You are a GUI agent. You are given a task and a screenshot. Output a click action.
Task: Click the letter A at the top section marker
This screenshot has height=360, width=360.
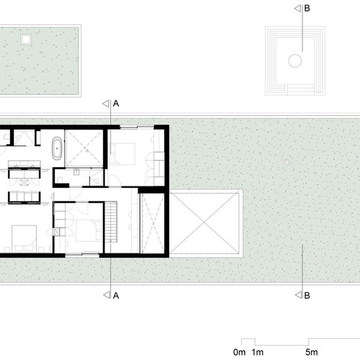coord(116,104)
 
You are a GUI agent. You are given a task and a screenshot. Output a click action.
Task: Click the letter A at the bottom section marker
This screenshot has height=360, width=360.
coord(116,296)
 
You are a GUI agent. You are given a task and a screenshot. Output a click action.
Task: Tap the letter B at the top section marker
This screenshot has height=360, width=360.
coord(307,9)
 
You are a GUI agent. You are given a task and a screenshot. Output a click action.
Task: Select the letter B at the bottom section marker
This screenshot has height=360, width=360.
coord(307,295)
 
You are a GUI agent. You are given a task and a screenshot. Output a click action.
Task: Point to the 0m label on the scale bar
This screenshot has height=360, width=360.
coord(239,352)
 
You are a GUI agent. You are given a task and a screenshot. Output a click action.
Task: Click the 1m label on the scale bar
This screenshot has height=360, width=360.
coord(258,352)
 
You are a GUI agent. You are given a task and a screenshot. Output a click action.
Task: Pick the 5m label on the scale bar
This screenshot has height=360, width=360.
coord(312,352)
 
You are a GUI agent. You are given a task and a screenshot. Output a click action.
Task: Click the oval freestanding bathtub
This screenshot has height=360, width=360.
coord(57,148)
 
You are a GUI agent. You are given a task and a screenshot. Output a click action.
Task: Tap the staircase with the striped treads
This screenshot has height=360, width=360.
coord(111,222)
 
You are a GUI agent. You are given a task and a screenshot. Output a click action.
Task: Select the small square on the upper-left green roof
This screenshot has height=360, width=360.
coord(26,40)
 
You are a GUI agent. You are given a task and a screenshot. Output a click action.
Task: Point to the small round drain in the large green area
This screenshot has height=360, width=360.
coord(287,163)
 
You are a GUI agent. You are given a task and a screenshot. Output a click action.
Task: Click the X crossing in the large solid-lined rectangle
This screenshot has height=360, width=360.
coord(204,222)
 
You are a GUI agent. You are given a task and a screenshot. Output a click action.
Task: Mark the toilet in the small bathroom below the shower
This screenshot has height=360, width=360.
coord(60,179)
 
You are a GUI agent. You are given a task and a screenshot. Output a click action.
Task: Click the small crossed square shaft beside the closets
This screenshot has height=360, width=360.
coord(57,232)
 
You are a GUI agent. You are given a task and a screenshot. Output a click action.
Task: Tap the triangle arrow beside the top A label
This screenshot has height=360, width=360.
coord(106,104)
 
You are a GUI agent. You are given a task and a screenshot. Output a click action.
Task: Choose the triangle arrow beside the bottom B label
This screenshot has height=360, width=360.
coord(298,295)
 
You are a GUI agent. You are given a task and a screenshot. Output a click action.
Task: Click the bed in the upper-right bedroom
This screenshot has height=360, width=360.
coord(122,154)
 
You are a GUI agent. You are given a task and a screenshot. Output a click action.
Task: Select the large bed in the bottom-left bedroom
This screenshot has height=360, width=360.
coord(24,238)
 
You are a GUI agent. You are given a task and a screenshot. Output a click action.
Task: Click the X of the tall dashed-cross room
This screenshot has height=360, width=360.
coord(153,224)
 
